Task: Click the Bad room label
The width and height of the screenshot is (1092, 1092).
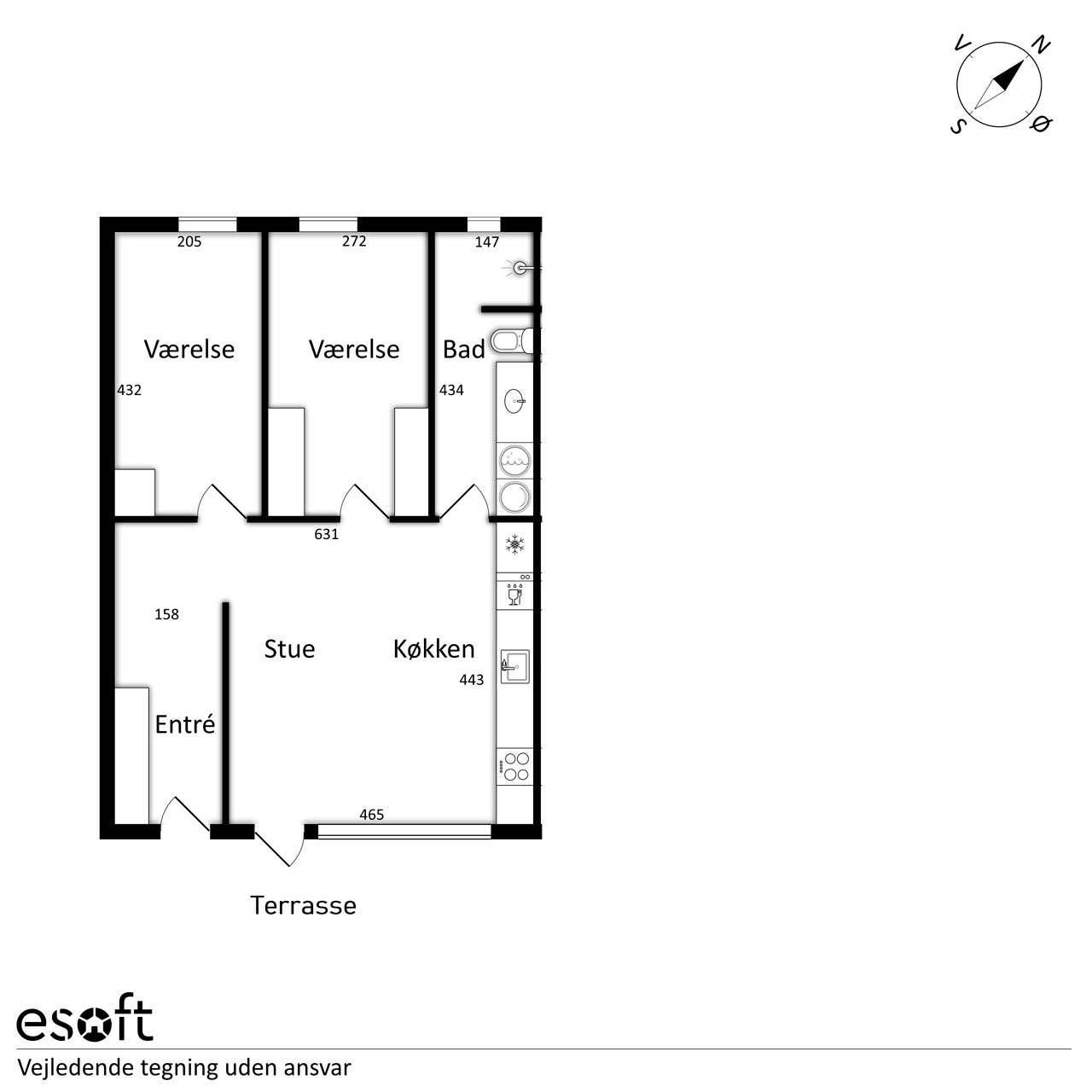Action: coord(463,349)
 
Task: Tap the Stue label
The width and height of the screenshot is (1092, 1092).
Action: coord(289,649)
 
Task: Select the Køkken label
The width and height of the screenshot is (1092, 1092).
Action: coord(433,649)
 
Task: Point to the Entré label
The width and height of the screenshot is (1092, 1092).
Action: coord(185,724)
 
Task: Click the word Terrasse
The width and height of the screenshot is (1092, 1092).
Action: coord(303,905)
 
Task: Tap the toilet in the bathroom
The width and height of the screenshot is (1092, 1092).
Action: coord(512,342)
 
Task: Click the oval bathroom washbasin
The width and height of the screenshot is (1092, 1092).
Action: coord(514,401)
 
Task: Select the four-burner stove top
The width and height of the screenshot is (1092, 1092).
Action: coord(514,767)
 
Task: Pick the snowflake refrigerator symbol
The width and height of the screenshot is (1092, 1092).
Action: coord(514,544)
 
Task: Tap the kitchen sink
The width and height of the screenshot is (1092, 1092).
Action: coord(515,666)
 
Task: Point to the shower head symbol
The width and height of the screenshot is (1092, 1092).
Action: coord(520,268)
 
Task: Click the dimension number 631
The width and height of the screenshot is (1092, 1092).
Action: coord(327,534)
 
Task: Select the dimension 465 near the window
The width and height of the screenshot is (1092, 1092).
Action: coord(372,815)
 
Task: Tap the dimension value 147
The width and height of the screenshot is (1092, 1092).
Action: coord(487,242)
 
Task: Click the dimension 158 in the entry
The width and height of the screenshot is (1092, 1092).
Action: coord(166,614)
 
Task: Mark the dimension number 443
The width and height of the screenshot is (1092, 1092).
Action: coord(472,679)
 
